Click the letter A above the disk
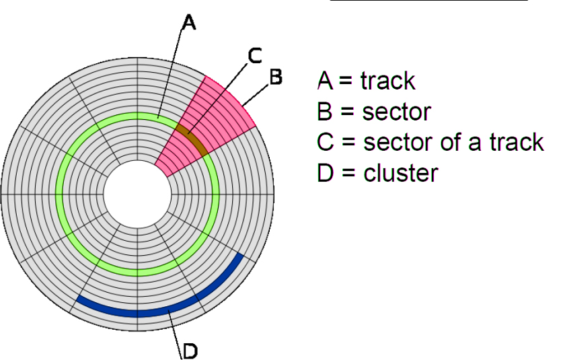(x=189, y=24)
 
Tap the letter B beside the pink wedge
(x=275, y=77)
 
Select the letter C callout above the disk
(x=254, y=57)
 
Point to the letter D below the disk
(x=190, y=350)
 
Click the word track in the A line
(x=387, y=81)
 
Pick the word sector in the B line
(x=396, y=112)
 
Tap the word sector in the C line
(x=397, y=143)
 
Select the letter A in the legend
(x=325, y=81)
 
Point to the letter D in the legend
(x=325, y=173)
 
